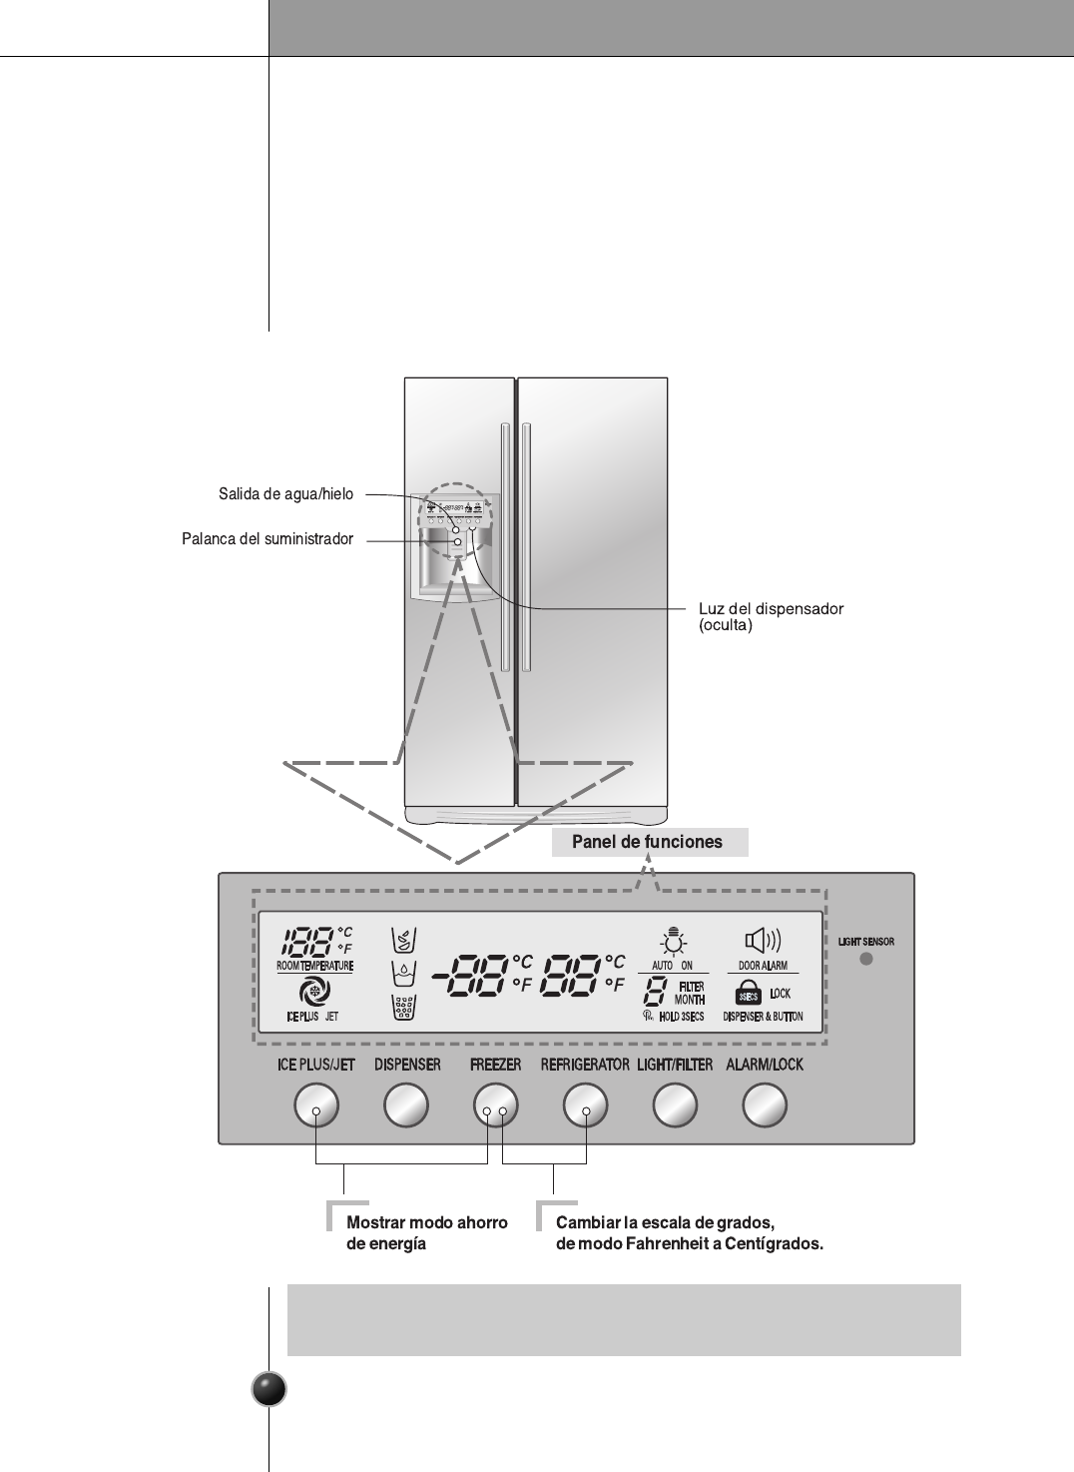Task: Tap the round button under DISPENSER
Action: click(406, 1105)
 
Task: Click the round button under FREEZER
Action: click(495, 1105)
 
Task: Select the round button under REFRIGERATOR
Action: click(585, 1105)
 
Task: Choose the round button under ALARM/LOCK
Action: click(765, 1105)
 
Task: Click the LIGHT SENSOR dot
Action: click(866, 959)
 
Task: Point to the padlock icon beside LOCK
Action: click(749, 994)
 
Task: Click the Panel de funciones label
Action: click(647, 842)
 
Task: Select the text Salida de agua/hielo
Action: click(285, 493)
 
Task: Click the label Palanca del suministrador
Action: click(268, 539)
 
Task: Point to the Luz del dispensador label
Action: click(771, 609)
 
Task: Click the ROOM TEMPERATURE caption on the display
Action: click(314, 967)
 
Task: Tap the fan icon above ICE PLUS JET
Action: click(314, 992)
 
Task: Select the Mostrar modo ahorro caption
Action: click(427, 1222)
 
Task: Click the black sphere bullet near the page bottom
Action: click(268, 1389)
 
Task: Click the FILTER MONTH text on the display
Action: click(689, 993)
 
